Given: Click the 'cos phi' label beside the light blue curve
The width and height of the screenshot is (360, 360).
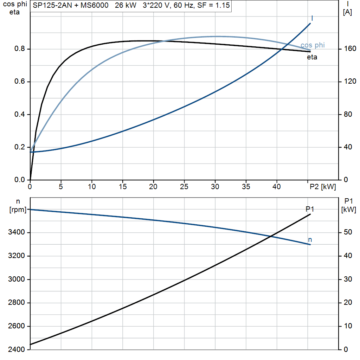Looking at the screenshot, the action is pos(313,45).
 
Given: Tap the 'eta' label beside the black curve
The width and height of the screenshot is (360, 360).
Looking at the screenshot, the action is pos(312,57).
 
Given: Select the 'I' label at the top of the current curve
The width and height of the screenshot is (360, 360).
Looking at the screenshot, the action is pos(312,18).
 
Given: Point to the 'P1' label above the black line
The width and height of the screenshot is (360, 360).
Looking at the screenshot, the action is pos(310,209).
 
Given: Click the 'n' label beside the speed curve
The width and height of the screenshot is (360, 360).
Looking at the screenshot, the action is pos(310,240).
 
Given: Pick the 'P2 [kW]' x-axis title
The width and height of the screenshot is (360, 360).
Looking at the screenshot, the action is pos(323,187).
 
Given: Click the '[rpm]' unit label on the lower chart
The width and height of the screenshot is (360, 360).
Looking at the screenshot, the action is pos(18,210).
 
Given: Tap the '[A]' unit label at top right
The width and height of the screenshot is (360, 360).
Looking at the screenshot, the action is pos(347,12).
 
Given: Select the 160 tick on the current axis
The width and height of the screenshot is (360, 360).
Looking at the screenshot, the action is pos(350,49).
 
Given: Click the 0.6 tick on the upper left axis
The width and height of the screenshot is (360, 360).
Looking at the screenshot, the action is pos(20,82).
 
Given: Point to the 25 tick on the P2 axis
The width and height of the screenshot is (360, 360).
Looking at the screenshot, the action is pos(184,187).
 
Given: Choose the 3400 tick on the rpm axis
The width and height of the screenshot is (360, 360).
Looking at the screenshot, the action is pos(16,232).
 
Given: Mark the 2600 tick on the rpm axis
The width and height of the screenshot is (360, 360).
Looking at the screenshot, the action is pos(16,326).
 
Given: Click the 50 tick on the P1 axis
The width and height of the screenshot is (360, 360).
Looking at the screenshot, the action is pos(348,232).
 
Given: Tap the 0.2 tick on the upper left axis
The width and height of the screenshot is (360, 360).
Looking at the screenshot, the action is pos(20,147).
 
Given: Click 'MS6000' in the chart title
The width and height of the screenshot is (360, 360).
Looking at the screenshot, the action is pos(94,5).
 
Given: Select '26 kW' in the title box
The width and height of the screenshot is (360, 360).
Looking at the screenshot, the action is pos(126,5).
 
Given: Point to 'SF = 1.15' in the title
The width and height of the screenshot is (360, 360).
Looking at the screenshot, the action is pos(213,5).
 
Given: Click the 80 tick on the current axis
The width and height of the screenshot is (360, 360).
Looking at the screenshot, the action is pos(348,114).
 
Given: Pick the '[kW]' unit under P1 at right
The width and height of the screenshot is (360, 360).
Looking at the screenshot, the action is pos(348,210).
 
